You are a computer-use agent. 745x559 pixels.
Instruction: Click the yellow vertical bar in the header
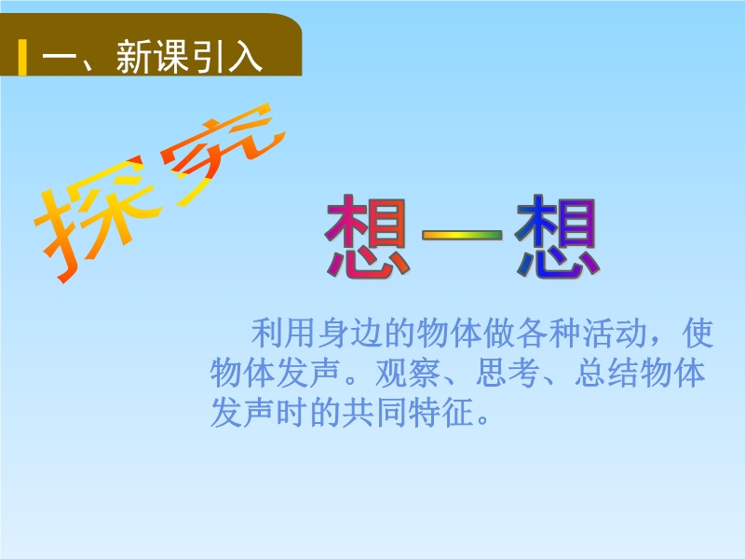coord(22,58)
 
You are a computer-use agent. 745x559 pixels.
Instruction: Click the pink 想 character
coord(367,236)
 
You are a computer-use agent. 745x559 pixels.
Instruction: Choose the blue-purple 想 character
coord(557,236)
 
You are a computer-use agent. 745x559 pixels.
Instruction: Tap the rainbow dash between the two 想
coord(462,235)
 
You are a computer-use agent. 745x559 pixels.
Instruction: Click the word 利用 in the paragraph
coord(283,333)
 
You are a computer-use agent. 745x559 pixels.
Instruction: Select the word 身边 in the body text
coord(350,333)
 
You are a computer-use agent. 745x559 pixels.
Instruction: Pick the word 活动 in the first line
coord(615,333)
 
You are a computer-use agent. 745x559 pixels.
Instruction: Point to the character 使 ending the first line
coord(698,333)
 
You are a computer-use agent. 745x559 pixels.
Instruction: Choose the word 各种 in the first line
coord(549,333)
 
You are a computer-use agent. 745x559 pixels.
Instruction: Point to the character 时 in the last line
coord(292,412)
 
